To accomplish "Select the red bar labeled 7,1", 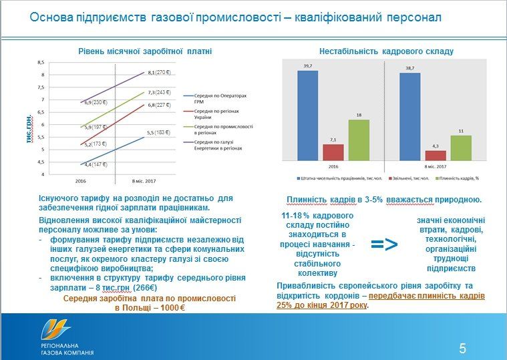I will (x=333, y=153).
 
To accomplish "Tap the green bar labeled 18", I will (x=359, y=141).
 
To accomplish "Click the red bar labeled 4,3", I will (x=436, y=156).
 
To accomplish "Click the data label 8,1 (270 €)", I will (x=161, y=73).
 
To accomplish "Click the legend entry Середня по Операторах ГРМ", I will (x=217, y=97).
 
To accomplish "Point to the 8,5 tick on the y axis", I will (x=41, y=62).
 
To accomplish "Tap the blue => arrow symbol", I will (x=384, y=244).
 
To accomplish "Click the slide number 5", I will (x=462, y=347).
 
